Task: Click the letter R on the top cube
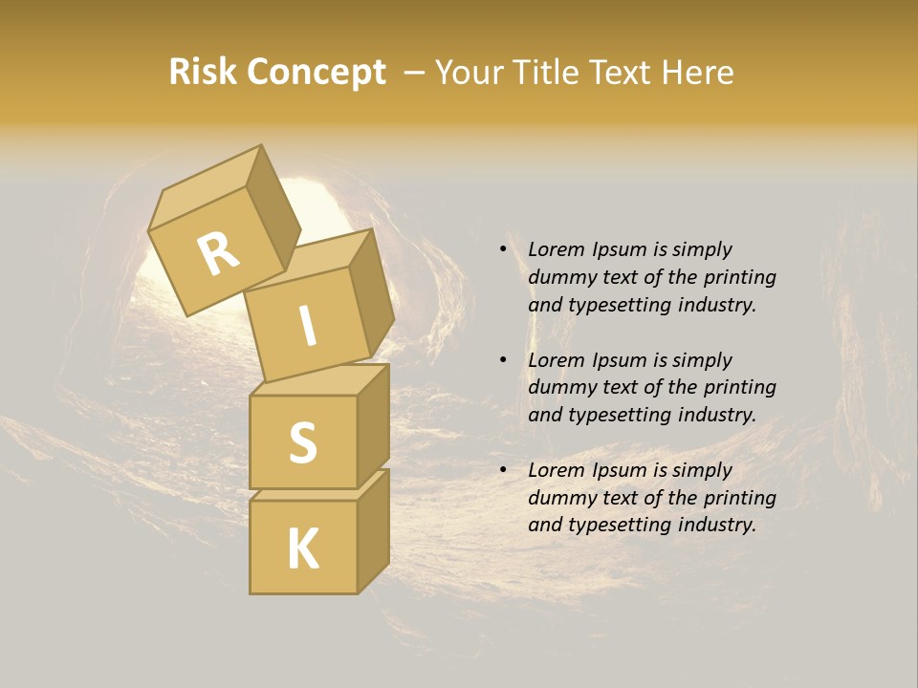click(x=218, y=253)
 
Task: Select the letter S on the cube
click(x=302, y=442)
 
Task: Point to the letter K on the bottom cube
click(x=302, y=548)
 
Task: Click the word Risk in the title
click(x=203, y=72)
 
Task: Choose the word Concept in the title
click(x=317, y=72)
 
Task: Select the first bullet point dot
click(x=503, y=250)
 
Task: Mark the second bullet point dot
click(x=503, y=361)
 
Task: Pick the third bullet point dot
click(x=503, y=471)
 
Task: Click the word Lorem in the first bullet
click(x=555, y=249)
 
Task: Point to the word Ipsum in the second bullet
click(x=618, y=360)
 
